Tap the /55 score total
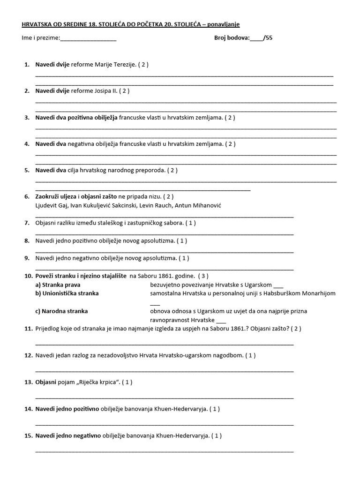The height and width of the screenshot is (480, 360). pyautogui.click(x=268, y=38)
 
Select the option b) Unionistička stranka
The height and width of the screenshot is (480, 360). pyautogui.click(x=67, y=293)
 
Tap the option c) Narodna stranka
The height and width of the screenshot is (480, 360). pyautogui.click(x=61, y=311)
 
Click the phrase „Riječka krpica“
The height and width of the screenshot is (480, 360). pyautogui.click(x=97, y=382)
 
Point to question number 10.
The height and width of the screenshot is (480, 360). pyautogui.click(x=28, y=276)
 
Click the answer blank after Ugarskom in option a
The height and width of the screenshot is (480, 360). pyautogui.click(x=278, y=285)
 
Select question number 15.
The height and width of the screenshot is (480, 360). pyautogui.click(x=28, y=435)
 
